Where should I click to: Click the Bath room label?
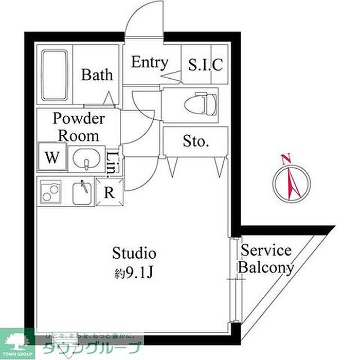[97, 75]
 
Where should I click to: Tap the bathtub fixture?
[55, 75]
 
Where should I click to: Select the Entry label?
[150, 63]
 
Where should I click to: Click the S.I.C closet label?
[205, 65]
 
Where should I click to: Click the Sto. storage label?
[195, 141]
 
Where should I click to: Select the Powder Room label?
[79, 127]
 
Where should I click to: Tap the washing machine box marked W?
[51, 158]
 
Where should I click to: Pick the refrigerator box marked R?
[109, 193]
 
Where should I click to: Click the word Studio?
[134, 253]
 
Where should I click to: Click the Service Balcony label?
[266, 259]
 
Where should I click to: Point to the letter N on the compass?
[287, 158]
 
